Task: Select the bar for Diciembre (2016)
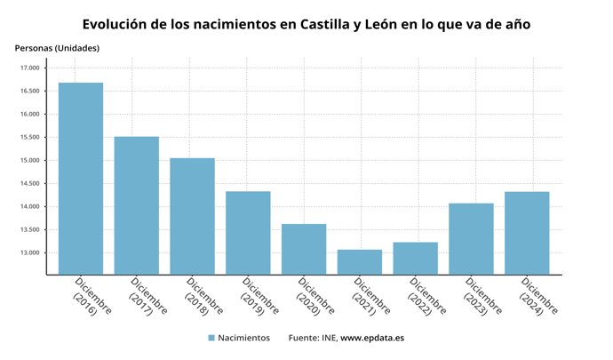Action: [x=81, y=178]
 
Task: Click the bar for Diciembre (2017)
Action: [x=137, y=205]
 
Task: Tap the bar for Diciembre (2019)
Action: [x=248, y=232]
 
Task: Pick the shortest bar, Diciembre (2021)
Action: [x=360, y=261]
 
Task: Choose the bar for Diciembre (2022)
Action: [x=415, y=258]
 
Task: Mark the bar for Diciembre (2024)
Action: [x=527, y=232]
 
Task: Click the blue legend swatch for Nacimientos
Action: [x=211, y=339]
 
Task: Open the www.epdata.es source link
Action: [x=372, y=339]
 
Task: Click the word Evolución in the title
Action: [x=117, y=24]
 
